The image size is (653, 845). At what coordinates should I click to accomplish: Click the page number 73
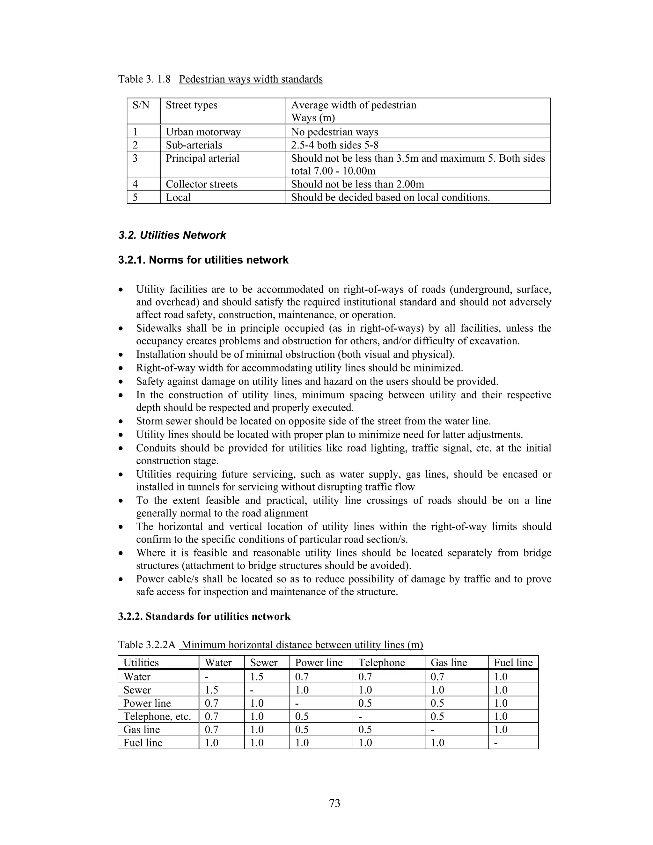[x=334, y=803]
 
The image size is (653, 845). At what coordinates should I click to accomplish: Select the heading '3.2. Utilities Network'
[x=172, y=235]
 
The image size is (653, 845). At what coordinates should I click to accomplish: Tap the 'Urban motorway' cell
[x=203, y=132]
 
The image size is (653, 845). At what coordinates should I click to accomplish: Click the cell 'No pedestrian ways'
[x=334, y=132]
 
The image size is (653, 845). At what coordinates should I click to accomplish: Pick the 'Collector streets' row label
[x=202, y=184]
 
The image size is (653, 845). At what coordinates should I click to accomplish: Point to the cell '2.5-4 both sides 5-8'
[x=334, y=145]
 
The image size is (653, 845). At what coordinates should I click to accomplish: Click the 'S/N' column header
[x=141, y=105]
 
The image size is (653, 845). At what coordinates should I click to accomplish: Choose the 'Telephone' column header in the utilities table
[x=381, y=663]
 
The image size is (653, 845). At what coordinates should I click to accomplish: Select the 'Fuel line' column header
[x=513, y=663]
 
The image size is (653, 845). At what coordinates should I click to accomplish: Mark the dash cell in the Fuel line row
[x=496, y=743]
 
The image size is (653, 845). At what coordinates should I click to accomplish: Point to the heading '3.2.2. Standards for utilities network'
[x=204, y=616]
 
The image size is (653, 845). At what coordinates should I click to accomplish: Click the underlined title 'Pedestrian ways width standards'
[x=251, y=79]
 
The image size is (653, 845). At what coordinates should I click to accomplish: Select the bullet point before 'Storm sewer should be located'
[x=122, y=421]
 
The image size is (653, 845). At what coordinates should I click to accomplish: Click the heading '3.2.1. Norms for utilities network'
[x=203, y=260]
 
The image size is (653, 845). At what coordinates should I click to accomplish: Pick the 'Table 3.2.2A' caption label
[x=147, y=645]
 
